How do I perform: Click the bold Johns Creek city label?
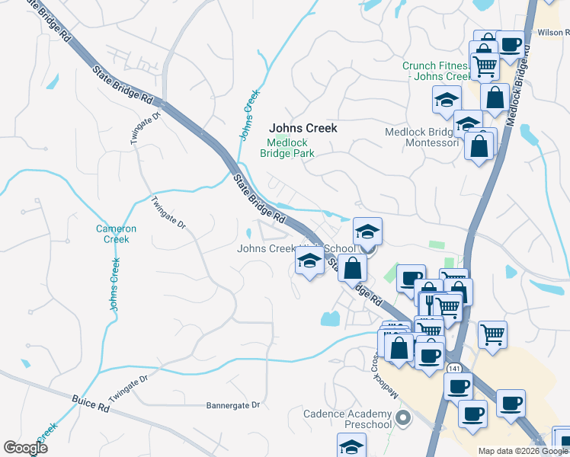click(x=303, y=129)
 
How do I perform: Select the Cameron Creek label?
click(x=117, y=234)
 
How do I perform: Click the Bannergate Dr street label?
click(x=233, y=406)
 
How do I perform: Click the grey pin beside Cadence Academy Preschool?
click(x=405, y=417)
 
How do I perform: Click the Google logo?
click(x=25, y=448)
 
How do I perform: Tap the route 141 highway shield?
click(x=454, y=368)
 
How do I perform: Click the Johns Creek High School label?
click(x=296, y=249)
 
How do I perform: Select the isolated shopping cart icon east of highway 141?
click(x=493, y=333)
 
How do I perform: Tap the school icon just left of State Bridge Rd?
click(x=309, y=261)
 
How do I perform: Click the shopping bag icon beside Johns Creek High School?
click(x=352, y=267)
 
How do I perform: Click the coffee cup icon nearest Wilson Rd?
click(x=510, y=44)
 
